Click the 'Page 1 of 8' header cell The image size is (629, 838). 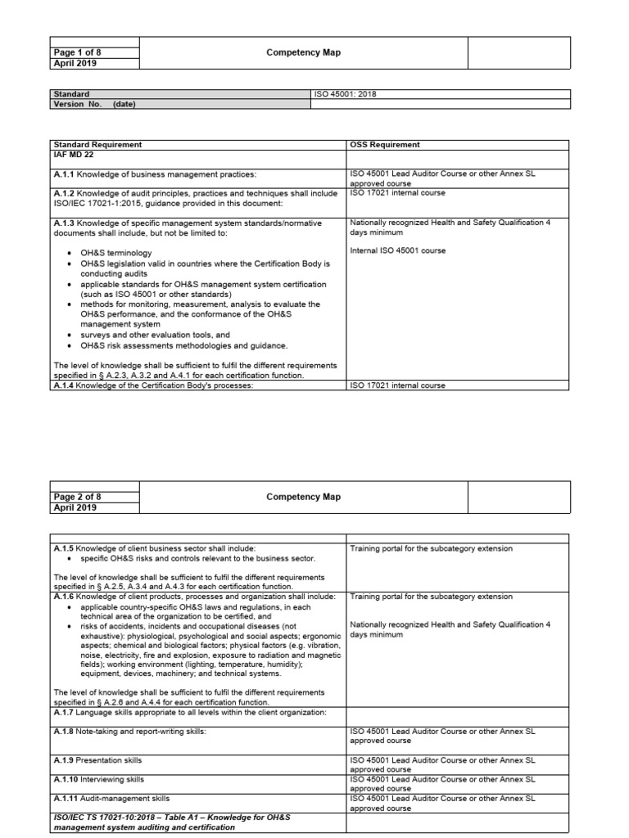(x=77, y=52)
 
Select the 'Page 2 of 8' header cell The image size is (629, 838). (x=77, y=497)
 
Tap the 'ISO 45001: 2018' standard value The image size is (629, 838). (x=345, y=94)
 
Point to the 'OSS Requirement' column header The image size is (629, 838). (x=385, y=145)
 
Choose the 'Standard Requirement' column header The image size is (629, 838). (x=97, y=145)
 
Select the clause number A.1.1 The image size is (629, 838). (x=64, y=174)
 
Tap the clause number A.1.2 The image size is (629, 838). (x=64, y=194)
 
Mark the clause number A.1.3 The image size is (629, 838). (x=64, y=223)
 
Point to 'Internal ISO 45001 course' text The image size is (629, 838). (x=397, y=251)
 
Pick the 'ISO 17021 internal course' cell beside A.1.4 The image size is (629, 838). (x=397, y=385)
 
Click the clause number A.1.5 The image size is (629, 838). (x=64, y=549)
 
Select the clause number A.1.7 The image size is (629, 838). (x=64, y=712)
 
